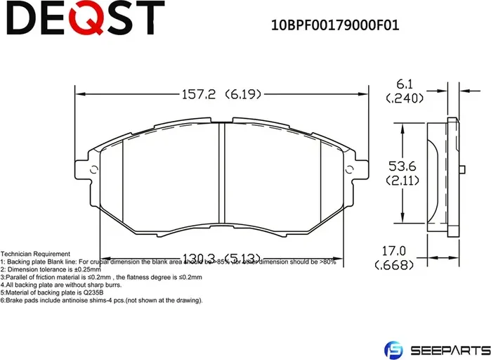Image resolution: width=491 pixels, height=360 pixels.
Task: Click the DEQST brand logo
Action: (84, 18)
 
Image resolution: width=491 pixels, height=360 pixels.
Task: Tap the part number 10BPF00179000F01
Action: (335, 26)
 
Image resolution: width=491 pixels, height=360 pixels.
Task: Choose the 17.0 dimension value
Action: (393, 250)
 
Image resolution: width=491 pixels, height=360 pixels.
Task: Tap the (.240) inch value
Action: (405, 99)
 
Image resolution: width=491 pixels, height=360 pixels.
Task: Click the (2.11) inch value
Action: (402, 181)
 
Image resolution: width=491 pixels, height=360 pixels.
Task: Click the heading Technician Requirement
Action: (35, 254)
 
